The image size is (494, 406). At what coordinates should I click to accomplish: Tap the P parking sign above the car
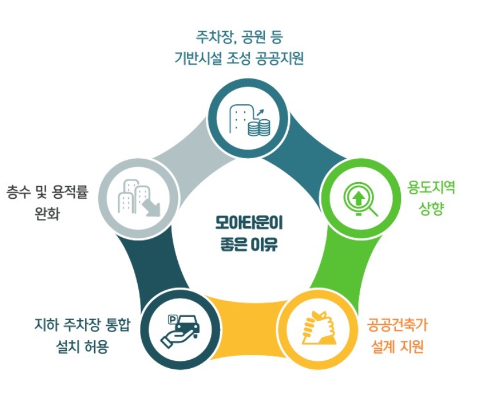click(173, 319)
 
